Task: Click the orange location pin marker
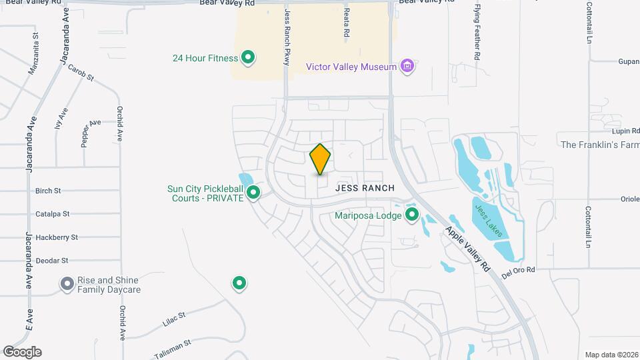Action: (321, 159)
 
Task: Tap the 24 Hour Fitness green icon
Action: (248, 58)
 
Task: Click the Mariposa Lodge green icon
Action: (412, 215)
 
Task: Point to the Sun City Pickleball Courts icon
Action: (253, 193)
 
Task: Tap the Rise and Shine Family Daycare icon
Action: (67, 285)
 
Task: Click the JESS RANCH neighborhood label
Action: (365, 189)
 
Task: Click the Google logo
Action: (22, 351)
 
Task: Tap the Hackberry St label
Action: (57, 237)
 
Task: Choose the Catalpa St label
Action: (53, 214)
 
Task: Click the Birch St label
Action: (48, 191)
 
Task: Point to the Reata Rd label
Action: (347, 22)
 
